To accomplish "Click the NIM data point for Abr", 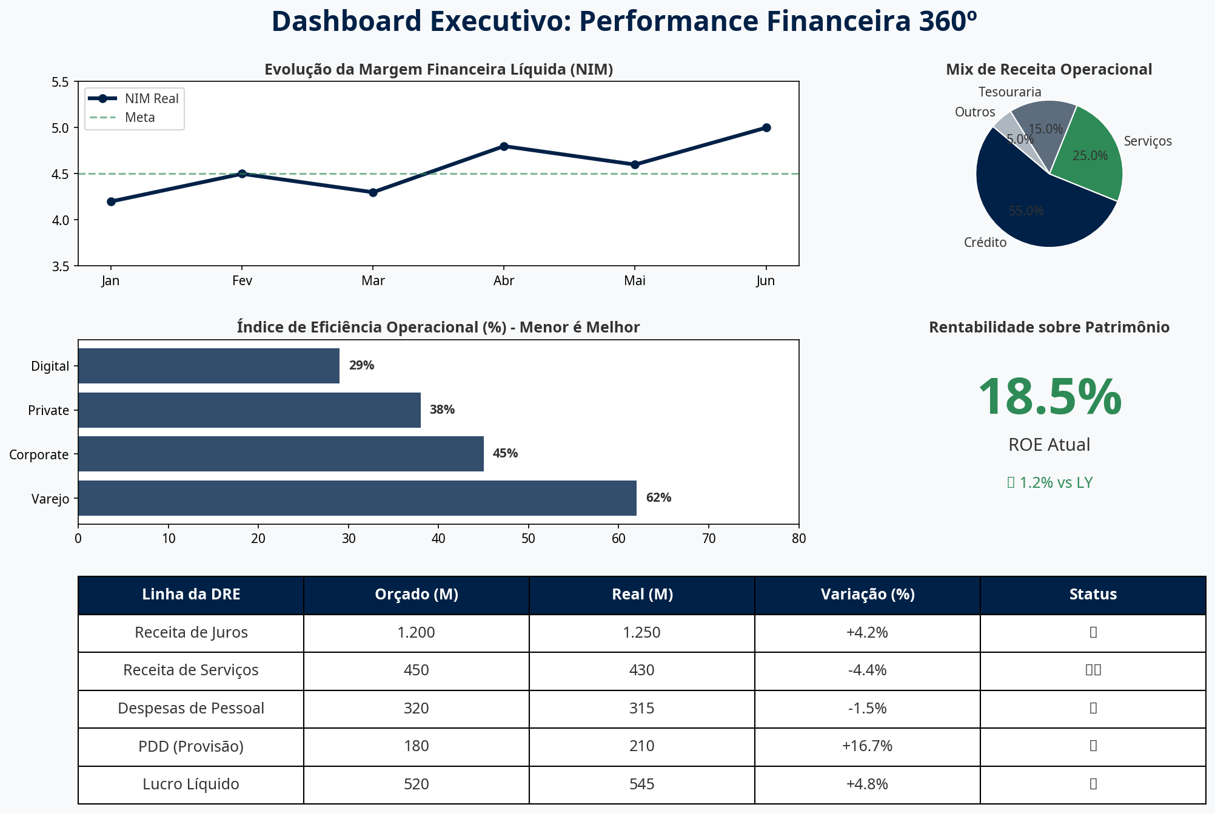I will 504,146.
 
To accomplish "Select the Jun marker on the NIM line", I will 766,127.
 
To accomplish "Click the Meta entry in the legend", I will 140,118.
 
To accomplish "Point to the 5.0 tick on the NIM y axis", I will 61,128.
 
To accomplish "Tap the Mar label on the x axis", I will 373,280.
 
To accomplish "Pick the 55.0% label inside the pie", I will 1026,211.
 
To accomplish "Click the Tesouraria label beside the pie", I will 1009,92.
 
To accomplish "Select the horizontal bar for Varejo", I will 357,498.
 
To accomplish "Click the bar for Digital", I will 209,366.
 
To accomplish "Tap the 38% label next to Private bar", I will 442,410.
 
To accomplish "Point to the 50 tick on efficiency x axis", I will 529,538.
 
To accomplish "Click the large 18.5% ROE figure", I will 1049,397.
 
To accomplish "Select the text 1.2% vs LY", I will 1056,482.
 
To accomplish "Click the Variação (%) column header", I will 867,595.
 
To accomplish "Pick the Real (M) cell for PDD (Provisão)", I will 641,746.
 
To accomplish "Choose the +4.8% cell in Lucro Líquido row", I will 867,784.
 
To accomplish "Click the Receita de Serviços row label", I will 191,670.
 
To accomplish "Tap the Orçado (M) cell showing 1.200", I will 416,633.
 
